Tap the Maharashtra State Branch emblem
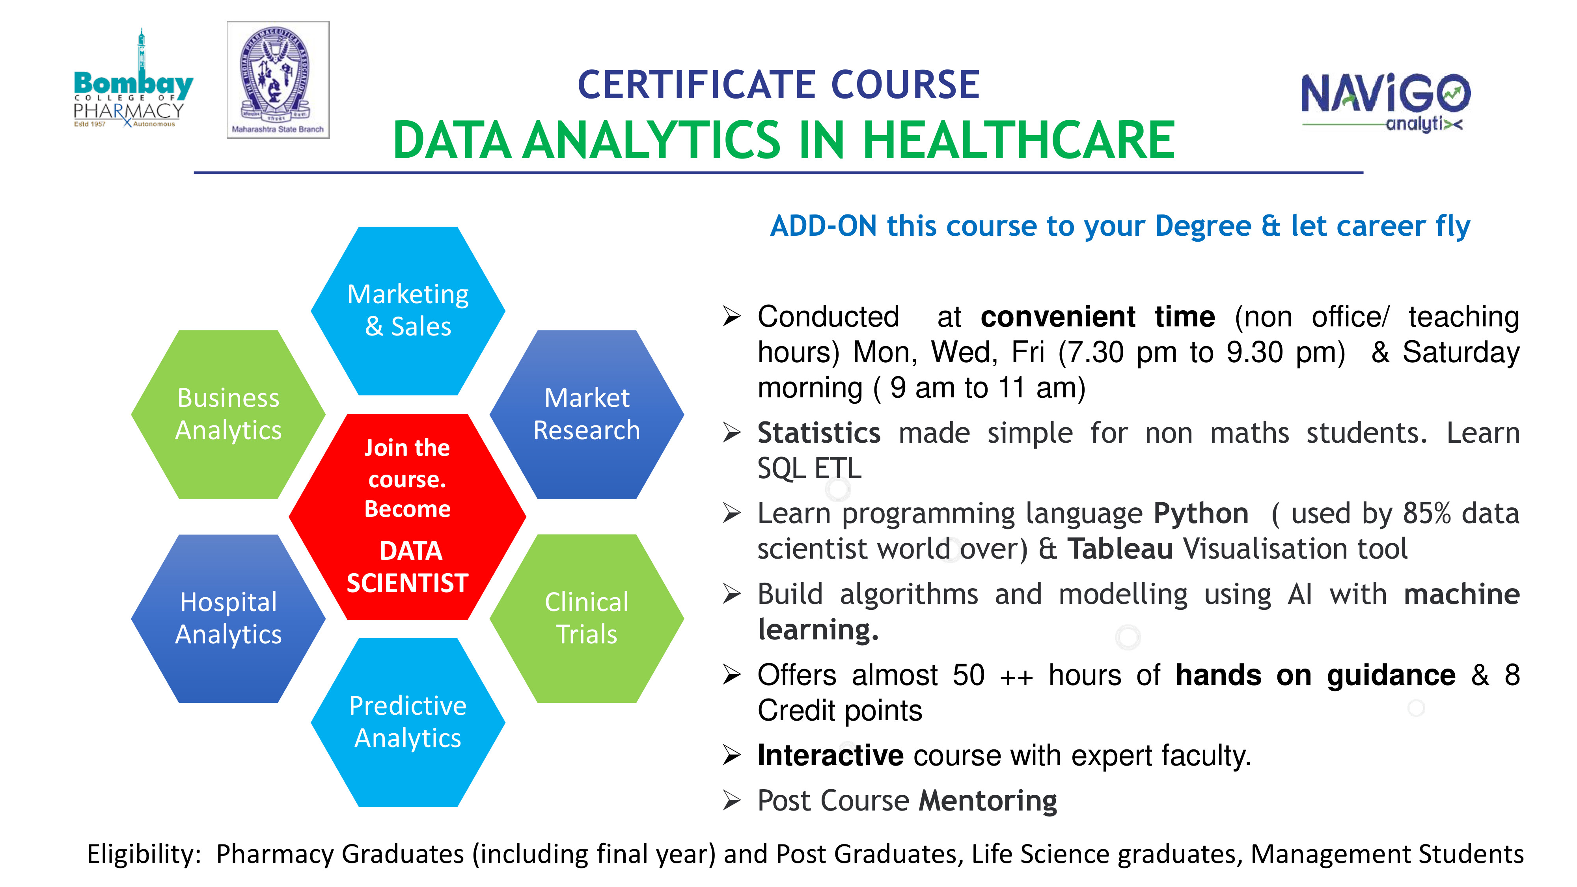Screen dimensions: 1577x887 [278, 80]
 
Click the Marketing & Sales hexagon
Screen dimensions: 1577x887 [408, 311]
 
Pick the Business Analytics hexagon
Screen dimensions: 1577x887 [228, 414]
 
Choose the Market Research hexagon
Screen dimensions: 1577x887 [587, 414]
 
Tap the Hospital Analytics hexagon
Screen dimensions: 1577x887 [228, 618]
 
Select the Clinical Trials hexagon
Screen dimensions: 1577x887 [587, 618]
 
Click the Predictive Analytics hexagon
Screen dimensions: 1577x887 [408, 722]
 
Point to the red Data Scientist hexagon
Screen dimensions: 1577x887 [408, 517]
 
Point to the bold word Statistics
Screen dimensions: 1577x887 [819, 433]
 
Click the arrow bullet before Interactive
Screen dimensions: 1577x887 [732, 755]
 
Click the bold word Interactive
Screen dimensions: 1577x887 [830, 755]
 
